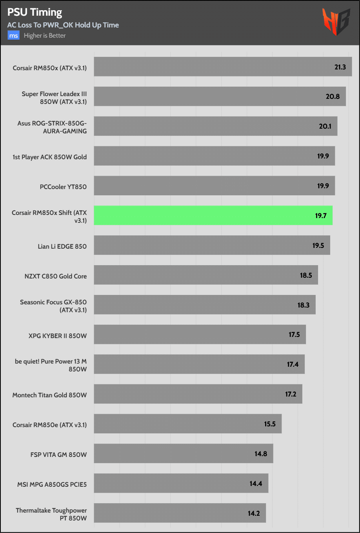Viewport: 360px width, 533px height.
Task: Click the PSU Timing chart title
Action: point(35,13)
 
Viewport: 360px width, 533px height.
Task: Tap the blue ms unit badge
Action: point(13,36)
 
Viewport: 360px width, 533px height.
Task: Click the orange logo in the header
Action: point(336,22)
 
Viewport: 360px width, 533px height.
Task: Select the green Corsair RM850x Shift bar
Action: point(213,215)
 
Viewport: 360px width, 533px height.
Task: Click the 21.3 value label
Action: point(340,67)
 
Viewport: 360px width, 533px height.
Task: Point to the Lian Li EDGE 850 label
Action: point(62,246)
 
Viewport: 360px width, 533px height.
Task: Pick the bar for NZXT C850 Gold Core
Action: point(205,275)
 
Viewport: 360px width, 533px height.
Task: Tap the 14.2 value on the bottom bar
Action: point(254,513)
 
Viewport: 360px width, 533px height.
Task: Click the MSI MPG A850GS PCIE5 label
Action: point(52,484)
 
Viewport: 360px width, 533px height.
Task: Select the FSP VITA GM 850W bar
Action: point(183,454)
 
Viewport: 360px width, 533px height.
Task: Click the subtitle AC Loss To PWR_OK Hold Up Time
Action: point(63,25)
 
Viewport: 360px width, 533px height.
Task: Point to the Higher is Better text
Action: point(45,36)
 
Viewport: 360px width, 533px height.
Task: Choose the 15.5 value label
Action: point(270,424)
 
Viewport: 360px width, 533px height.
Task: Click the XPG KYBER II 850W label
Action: point(58,336)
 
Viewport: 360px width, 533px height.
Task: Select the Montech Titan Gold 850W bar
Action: point(198,394)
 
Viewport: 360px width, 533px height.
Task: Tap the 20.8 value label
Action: point(333,96)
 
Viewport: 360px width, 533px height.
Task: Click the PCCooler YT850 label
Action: point(63,187)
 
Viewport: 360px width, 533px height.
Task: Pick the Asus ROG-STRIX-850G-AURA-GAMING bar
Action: point(215,126)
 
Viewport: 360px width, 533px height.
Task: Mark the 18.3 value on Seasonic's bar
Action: point(304,305)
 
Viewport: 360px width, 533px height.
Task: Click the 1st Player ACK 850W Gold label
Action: point(50,157)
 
